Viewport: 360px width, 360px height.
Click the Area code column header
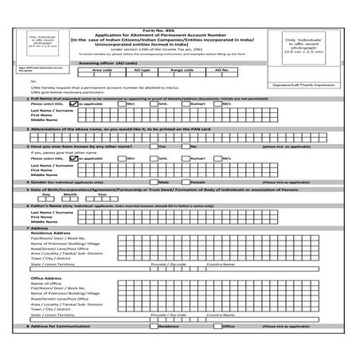(103, 69)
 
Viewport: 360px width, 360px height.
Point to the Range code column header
(182, 69)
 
